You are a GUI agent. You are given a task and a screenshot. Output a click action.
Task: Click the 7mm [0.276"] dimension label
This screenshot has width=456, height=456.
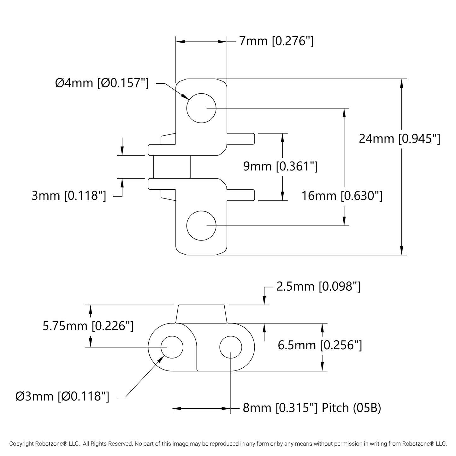point(276,41)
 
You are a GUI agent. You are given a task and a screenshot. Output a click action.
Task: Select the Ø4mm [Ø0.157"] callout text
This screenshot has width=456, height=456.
point(102,83)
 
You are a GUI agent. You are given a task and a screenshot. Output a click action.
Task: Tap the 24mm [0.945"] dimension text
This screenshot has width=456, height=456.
point(399,139)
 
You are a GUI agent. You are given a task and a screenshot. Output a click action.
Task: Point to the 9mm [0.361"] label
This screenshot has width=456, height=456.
point(280,166)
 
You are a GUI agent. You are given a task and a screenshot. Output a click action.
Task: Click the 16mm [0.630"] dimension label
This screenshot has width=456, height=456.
point(342,196)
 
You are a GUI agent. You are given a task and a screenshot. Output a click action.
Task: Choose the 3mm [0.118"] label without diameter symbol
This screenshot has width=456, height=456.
point(69,196)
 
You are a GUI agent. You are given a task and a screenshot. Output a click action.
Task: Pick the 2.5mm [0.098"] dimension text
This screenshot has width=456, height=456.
point(318,287)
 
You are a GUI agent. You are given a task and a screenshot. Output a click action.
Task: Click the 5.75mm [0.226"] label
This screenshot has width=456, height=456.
point(88,326)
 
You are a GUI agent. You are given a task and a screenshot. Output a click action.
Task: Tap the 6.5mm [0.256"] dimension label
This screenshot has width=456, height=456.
point(320,345)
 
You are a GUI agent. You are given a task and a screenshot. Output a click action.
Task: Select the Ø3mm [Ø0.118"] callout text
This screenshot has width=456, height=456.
point(62,396)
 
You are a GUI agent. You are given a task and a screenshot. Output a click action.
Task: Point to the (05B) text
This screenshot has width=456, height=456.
point(367,408)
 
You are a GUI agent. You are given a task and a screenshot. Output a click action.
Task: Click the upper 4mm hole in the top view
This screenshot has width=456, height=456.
point(201,108)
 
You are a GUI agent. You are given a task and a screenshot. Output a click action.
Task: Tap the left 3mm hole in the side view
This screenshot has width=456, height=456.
point(172,347)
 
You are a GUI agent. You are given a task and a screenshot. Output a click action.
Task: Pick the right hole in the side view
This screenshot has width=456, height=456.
point(231,347)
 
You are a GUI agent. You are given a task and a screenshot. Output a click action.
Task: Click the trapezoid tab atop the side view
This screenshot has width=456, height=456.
point(201,314)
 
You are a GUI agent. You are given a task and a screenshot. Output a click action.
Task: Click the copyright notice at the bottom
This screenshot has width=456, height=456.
point(228,444)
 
